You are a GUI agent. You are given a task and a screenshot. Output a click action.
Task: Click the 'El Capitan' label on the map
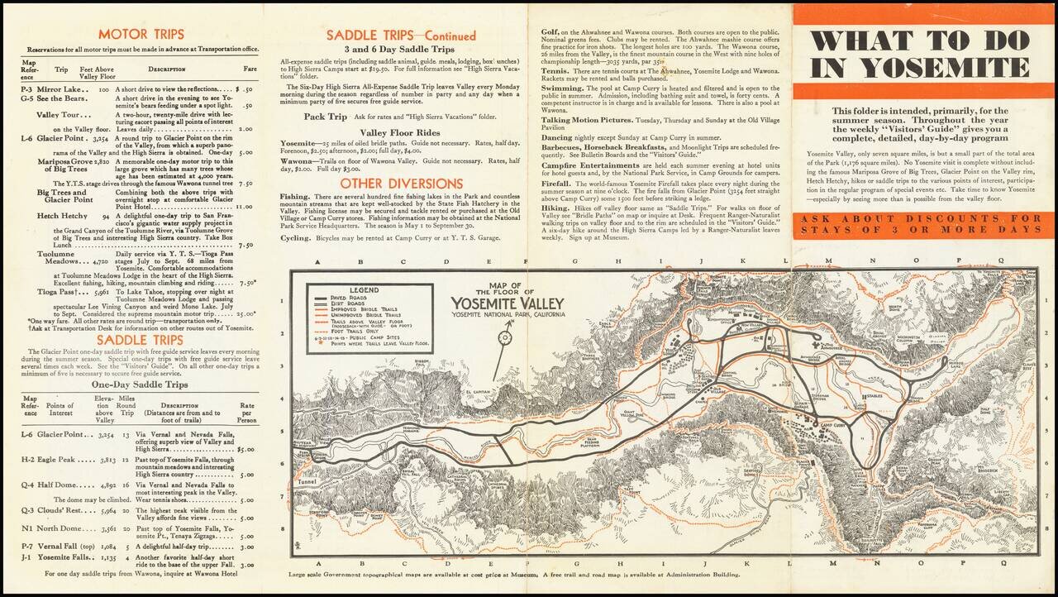[x=479, y=391]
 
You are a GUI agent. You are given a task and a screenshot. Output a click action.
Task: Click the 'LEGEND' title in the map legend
[x=364, y=290]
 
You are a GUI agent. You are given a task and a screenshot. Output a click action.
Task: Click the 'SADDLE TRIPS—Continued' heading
[x=401, y=36]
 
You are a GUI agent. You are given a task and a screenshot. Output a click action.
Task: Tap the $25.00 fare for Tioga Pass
[x=245, y=314]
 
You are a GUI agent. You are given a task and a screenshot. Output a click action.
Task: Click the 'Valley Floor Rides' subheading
[x=401, y=132]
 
